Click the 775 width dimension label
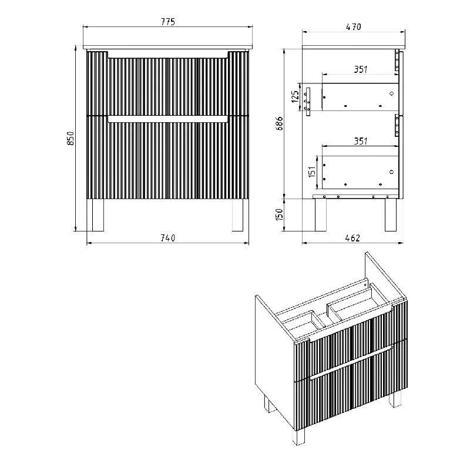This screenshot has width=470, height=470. pyautogui.click(x=168, y=22)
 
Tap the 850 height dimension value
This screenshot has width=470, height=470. pyautogui.click(x=70, y=138)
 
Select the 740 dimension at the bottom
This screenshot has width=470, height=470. pyautogui.click(x=168, y=238)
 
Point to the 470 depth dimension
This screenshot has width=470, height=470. pyautogui.click(x=354, y=26)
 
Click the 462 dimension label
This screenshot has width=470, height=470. pyautogui.click(x=352, y=238)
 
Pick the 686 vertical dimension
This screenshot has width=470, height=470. pyautogui.click(x=279, y=123)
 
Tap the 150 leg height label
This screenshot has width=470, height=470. pyautogui.click(x=279, y=214)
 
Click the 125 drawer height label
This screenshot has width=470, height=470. pyautogui.click(x=296, y=96)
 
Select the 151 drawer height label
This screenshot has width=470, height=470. pyautogui.click(x=313, y=172)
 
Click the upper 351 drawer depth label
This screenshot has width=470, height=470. pyautogui.click(x=361, y=69)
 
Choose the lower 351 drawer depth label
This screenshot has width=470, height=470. pyautogui.click(x=361, y=141)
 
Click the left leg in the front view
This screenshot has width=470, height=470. pyautogui.click(x=98, y=214)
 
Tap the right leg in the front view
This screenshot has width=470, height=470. pyautogui.click(x=237, y=214)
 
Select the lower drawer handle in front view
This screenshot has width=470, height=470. pyautogui.click(x=168, y=119)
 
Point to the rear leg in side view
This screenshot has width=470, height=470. pyautogui.click(x=320, y=214)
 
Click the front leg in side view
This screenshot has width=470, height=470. pyautogui.click(x=390, y=214)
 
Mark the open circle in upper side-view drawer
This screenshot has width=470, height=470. pyautogui.click(x=391, y=93)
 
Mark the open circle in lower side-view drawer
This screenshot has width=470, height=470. pyautogui.click(x=391, y=172)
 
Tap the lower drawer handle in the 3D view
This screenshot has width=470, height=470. pyautogui.click(x=351, y=362)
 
